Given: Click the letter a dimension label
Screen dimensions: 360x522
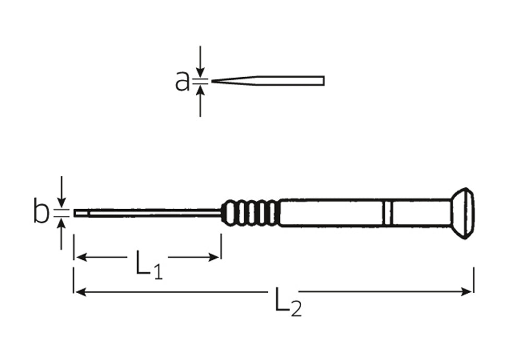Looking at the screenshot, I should point(182,81).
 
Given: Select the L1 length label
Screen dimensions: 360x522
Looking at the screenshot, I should point(148,265).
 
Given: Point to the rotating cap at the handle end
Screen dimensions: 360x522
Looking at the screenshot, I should point(462,213).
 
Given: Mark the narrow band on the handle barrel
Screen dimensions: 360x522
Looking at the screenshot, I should point(387,213).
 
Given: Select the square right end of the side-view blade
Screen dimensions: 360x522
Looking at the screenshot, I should point(323,81).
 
